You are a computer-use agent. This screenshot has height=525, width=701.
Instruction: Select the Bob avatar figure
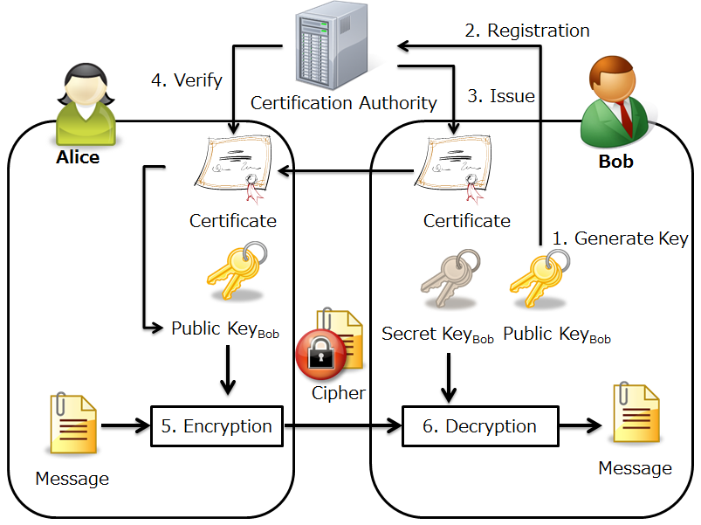[616, 105]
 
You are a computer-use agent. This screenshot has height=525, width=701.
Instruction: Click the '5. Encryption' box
[216, 426]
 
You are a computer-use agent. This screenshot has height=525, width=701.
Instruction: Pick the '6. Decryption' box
[479, 426]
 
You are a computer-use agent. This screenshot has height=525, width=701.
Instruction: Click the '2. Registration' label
[526, 31]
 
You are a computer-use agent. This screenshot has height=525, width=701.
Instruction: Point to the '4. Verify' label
[187, 80]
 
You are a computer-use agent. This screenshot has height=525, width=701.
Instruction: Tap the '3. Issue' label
[501, 96]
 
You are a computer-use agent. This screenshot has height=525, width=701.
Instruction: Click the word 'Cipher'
[339, 393]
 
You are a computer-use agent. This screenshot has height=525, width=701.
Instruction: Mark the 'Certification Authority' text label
[344, 103]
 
